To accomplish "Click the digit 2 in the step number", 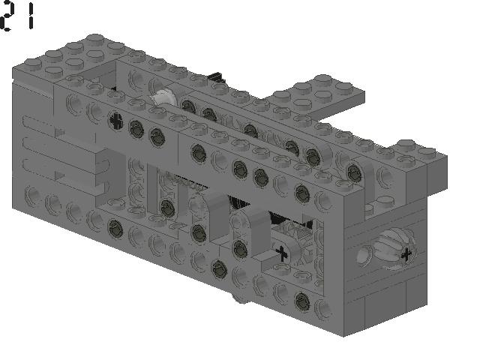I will [7, 16].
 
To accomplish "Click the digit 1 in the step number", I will [31, 16].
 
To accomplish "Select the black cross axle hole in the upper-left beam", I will [115, 119].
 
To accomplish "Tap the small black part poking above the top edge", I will [217, 76].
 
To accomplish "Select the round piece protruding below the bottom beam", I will [239, 299].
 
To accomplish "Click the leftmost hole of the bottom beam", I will [33, 196].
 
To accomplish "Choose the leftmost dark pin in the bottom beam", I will [115, 227].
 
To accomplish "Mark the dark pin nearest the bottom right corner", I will [301, 301].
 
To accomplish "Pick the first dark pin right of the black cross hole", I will [137, 127].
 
